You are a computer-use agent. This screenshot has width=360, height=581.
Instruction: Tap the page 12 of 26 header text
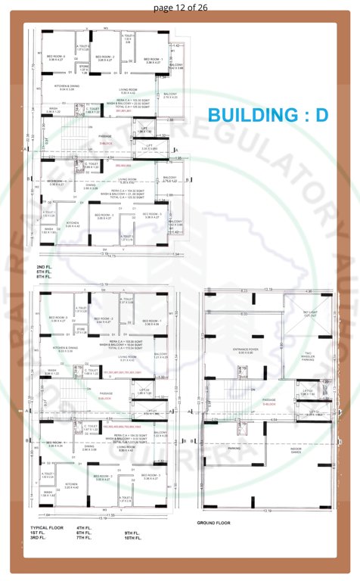(x=180, y=7)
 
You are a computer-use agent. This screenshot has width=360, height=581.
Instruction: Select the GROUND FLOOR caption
(x=213, y=523)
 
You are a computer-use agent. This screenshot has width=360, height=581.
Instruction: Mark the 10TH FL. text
(x=133, y=539)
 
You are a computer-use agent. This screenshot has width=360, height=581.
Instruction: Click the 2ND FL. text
(x=45, y=267)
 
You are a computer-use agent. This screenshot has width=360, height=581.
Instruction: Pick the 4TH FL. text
(x=84, y=527)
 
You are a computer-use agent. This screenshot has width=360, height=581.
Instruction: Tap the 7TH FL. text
(x=84, y=539)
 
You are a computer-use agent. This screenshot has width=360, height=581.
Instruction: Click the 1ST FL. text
(x=39, y=533)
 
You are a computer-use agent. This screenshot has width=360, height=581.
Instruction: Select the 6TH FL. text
(x=84, y=533)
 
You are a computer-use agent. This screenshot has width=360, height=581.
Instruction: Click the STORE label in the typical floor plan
(x=81, y=329)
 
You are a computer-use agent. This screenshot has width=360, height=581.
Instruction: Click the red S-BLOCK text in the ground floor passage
(x=268, y=404)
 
